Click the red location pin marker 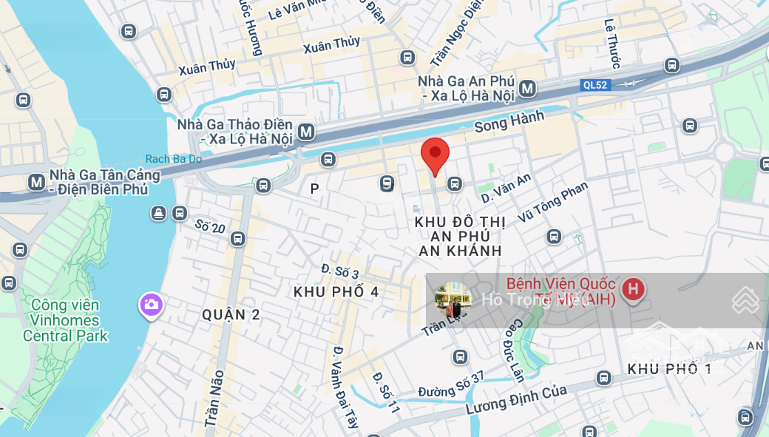click(435, 155)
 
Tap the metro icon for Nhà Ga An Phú click(527, 89)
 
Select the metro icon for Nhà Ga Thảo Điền click(306, 132)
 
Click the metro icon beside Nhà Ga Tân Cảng click(35, 182)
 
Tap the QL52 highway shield click(595, 85)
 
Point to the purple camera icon click(151, 304)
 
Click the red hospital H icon click(632, 289)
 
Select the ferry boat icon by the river click(159, 214)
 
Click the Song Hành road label click(509, 121)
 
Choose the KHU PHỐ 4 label click(336, 292)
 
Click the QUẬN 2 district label click(231, 315)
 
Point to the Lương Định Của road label click(516, 399)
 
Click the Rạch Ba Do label click(173, 159)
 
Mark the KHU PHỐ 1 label click(669, 368)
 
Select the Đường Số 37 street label click(450, 385)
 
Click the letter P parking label click(314, 189)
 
